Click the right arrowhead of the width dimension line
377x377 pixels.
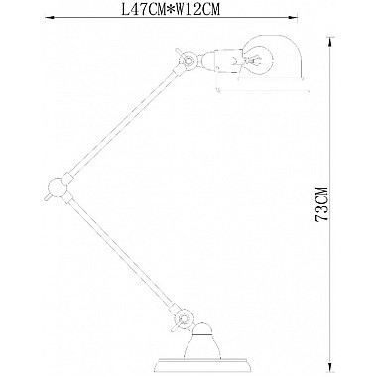tap(296, 18)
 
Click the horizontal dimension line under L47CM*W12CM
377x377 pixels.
tap(169, 18)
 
